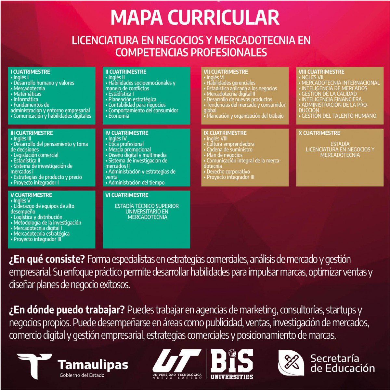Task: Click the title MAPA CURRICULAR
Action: click(195, 18)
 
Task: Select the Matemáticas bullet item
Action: click(27, 94)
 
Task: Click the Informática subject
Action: click(26, 99)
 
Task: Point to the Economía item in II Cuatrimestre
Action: click(119, 116)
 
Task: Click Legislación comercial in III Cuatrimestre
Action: click(36, 155)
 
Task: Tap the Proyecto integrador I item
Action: click(36, 183)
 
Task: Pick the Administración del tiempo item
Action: click(136, 183)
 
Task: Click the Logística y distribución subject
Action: click(38, 217)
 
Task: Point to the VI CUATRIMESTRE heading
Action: click(127, 195)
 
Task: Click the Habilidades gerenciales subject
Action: click(231, 83)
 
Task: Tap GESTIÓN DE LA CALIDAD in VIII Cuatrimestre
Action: click(329, 94)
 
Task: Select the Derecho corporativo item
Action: click(228, 172)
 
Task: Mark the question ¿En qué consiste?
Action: click(47, 259)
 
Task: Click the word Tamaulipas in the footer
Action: click(93, 365)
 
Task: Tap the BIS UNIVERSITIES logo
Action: click(232, 364)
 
